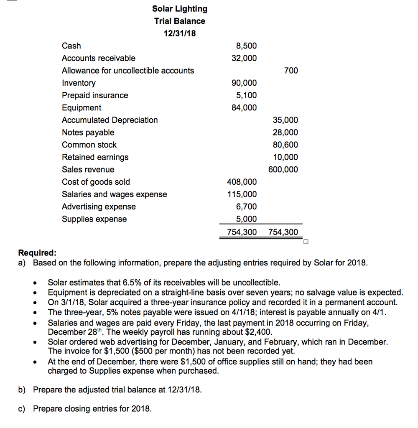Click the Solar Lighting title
click(x=179, y=9)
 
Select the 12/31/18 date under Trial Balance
click(x=179, y=33)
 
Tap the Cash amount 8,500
click(x=246, y=46)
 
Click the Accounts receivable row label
click(x=99, y=58)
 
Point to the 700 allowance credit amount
click(x=291, y=71)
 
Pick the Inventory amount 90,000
click(x=244, y=83)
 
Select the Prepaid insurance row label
click(x=95, y=95)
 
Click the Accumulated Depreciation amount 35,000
click(x=285, y=120)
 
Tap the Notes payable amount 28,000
click(x=285, y=132)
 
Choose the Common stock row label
click(x=89, y=145)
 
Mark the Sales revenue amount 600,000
click(x=283, y=170)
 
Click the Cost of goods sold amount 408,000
click(x=242, y=182)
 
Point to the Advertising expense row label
click(x=99, y=207)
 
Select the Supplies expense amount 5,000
click(x=246, y=219)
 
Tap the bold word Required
click(x=37, y=253)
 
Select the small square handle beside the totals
click(x=306, y=241)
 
